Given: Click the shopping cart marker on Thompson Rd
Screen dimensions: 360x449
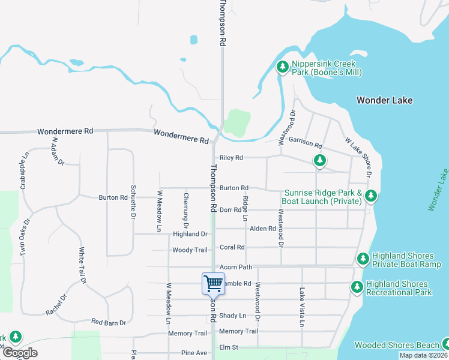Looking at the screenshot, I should coord(213,283).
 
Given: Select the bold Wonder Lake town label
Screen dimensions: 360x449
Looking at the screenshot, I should coord(384,100).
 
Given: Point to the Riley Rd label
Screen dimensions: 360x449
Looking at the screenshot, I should coord(231,158).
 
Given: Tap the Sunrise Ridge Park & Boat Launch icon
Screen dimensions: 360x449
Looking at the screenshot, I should coord(372,196).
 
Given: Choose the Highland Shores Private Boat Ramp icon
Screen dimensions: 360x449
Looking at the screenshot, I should coord(363,259).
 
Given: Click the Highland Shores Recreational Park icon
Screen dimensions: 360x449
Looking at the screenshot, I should coord(357,287).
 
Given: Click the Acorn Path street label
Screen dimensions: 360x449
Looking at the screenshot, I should coord(236,267).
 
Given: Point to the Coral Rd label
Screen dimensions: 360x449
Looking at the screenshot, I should coord(232,247).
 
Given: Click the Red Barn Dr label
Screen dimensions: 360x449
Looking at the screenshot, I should coord(110,323).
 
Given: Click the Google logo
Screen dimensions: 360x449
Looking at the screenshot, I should coord(20,353).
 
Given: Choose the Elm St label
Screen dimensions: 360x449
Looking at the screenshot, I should coord(229,347).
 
